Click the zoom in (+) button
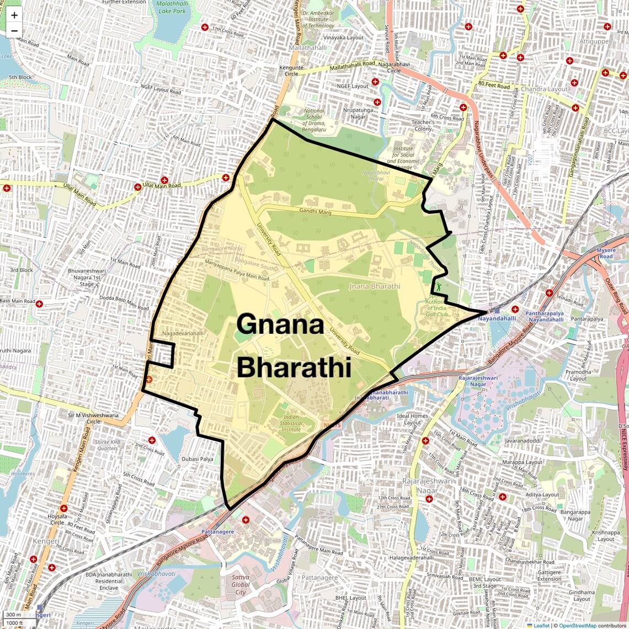click(x=14, y=15)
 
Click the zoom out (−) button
click(x=14, y=31)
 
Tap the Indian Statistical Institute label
click(x=291, y=423)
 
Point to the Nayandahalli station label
click(x=497, y=318)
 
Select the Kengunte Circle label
click(x=291, y=71)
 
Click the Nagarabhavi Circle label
click(x=393, y=67)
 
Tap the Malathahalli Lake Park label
click(x=172, y=7)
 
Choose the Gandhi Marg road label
click(x=315, y=211)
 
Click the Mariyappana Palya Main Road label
click(x=237, y=271)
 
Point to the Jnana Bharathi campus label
click(x=375, y=286)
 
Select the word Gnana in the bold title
click(x=280, y=324)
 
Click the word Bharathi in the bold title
click(x=294, y=367)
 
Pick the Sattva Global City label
click(x=240, y=584)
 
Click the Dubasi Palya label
click(x=197, y=459)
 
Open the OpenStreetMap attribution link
click(x=578, y=625)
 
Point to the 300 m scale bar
click(x=14, y=615)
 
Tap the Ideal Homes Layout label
click(x=412, y=419)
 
